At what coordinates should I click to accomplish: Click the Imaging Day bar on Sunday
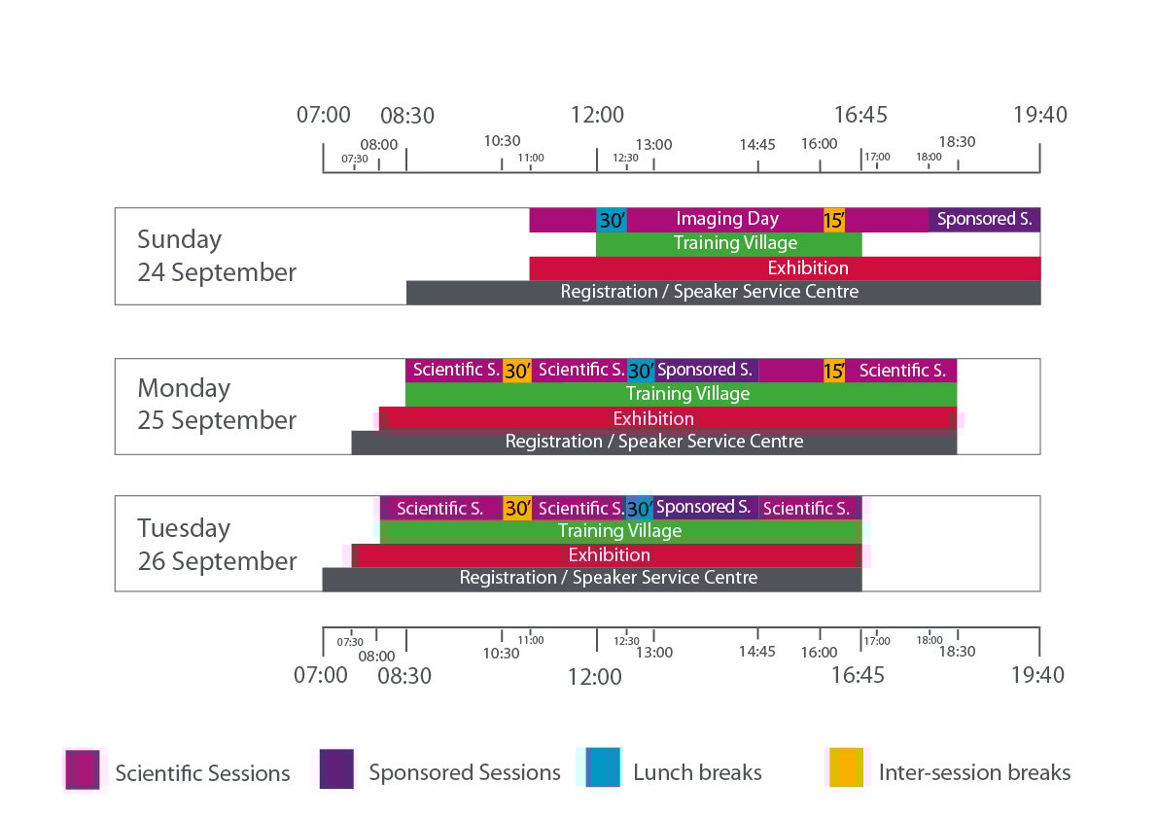[x=727, y=220]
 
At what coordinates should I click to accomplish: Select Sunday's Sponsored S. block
[x=984, y=220]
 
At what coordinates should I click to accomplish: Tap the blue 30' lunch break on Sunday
[x=611, y=220]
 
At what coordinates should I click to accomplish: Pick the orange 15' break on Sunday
[x=834, y=220]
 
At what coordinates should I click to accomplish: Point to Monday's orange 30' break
[x=517, y=371]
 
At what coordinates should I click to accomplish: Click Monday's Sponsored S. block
[x=706, y=371]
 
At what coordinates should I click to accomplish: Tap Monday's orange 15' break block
[x=834, y=371]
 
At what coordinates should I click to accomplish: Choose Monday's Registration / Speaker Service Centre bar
[x=653, y=442]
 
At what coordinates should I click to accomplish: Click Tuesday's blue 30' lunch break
[x=639, y=508]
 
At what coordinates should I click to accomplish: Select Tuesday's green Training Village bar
[x=619, y=531]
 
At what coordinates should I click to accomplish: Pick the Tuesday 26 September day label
[x=217, y=545]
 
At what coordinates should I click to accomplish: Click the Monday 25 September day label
[x=217, y=404]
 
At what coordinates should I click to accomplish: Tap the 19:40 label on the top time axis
[x=1039, y=115]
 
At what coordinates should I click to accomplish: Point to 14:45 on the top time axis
[x=757, y=145]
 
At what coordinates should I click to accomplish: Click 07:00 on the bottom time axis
[x=321, y=674]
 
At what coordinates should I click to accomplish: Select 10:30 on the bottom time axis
[x=502, y=653]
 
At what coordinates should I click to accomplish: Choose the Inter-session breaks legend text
[x=974, y=773]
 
